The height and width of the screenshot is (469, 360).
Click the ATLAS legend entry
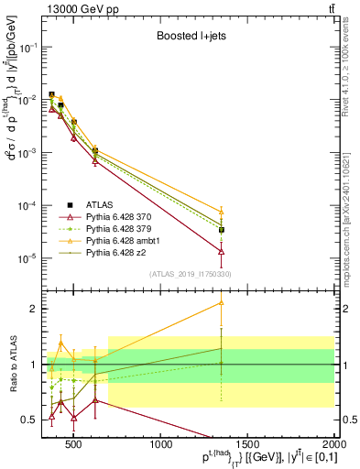pyautogui.click(x=99, y=204)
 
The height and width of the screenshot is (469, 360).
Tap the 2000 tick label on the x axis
pyautogui.click(x=333, y=446)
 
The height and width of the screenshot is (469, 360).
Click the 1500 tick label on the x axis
pyautogui.click(x=248, y=446)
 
